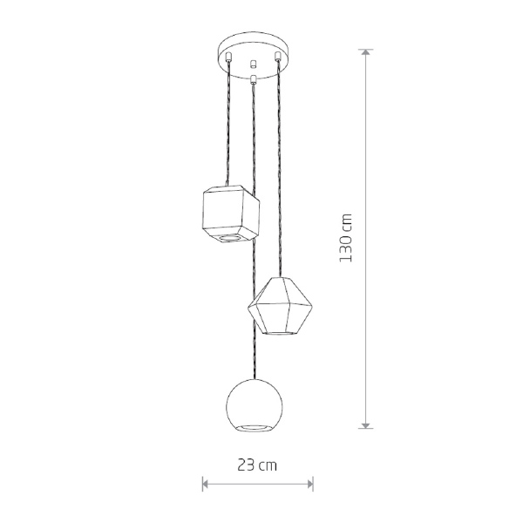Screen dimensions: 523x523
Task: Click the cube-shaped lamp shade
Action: pyautogui.click(x=231, y=214)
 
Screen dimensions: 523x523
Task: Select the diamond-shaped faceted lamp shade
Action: pyautogui.click(x=280, y=306)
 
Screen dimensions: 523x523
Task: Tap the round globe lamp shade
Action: pyautogui.click(x=255, y=405)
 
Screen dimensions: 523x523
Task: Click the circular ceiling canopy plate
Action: pyautogui.click(x=253, y=55)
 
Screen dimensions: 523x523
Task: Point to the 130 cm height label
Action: pyautogui.click(x=345, y=238)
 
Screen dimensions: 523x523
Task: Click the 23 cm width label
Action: pyautogui.click(x=257, y=465)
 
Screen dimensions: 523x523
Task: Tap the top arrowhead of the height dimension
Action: pyautogui.click(x=366, y=52)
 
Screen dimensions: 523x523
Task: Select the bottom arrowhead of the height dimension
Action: pyautogui.click(x=366, y=425)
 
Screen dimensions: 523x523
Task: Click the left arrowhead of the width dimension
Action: pyautogui.click(x=206, y=484)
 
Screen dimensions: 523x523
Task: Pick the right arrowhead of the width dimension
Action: pyautogui.click(x=310, y=484)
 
